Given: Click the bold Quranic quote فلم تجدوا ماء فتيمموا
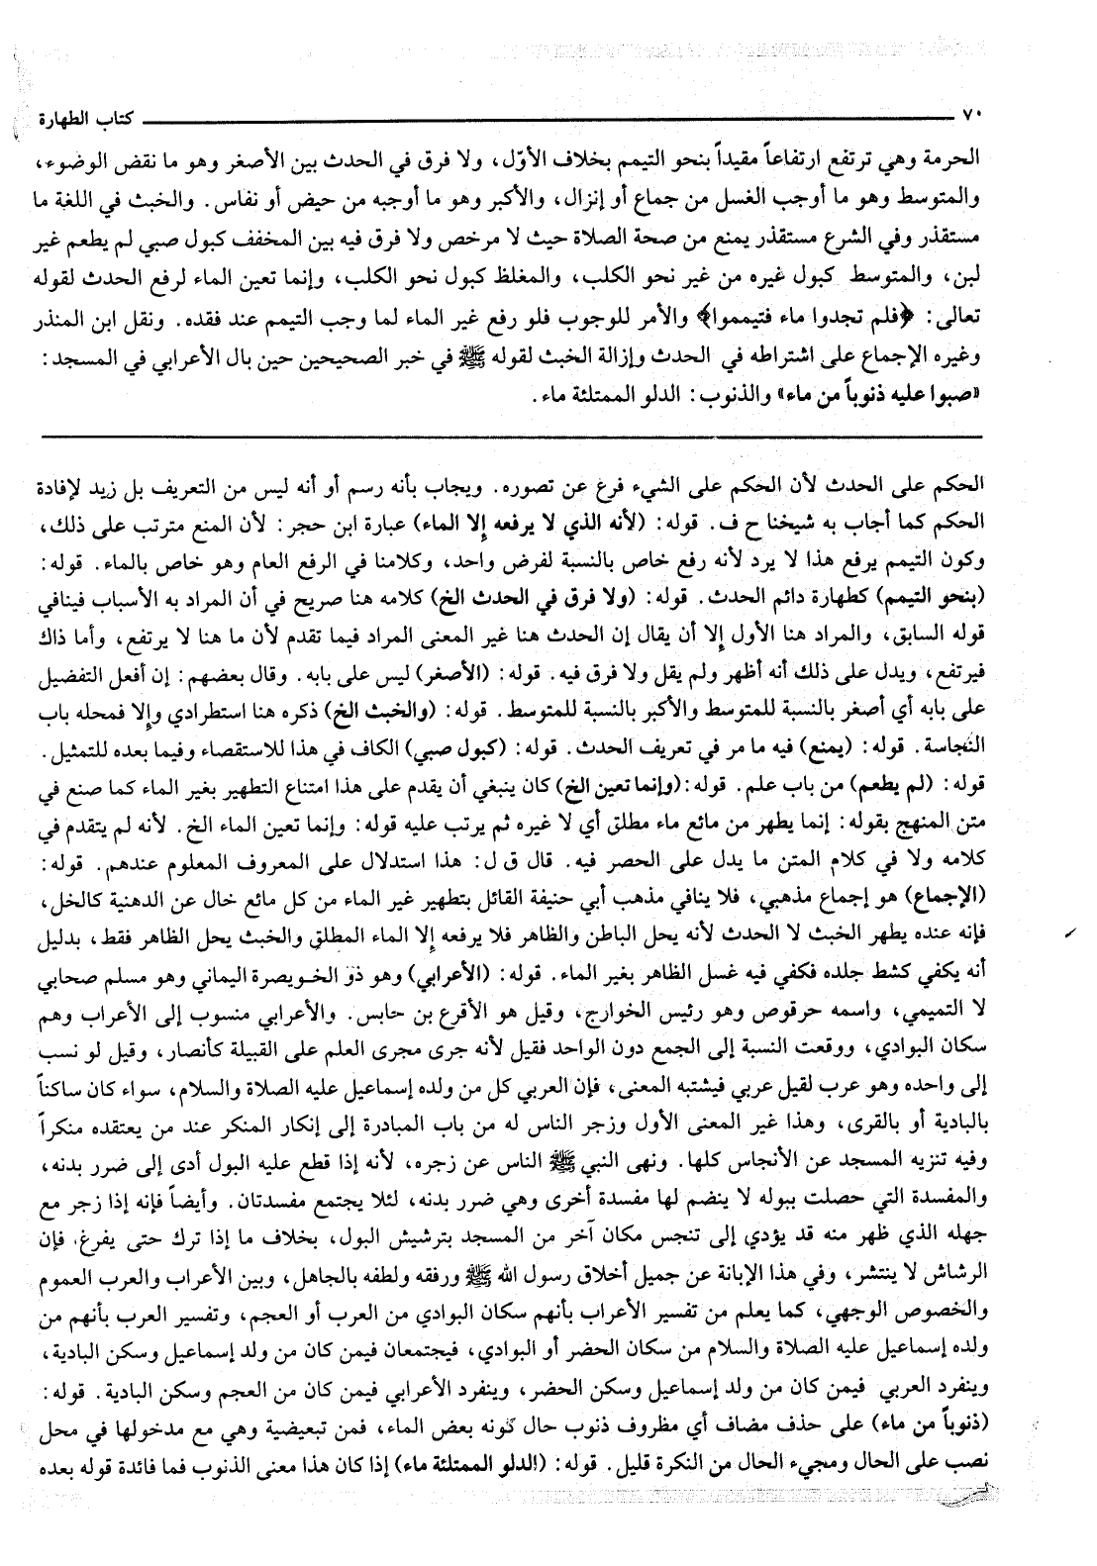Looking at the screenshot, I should [x=803, y=295].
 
